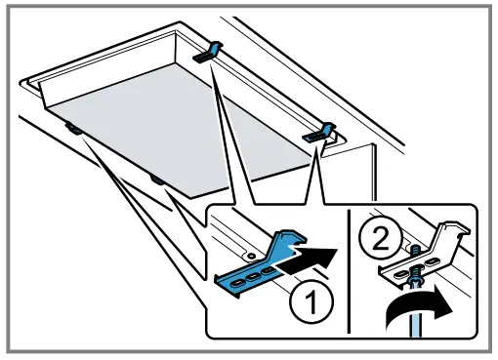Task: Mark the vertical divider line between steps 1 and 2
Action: (x=349, y=268)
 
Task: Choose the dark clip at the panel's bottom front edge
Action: (x=156, y=179)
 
